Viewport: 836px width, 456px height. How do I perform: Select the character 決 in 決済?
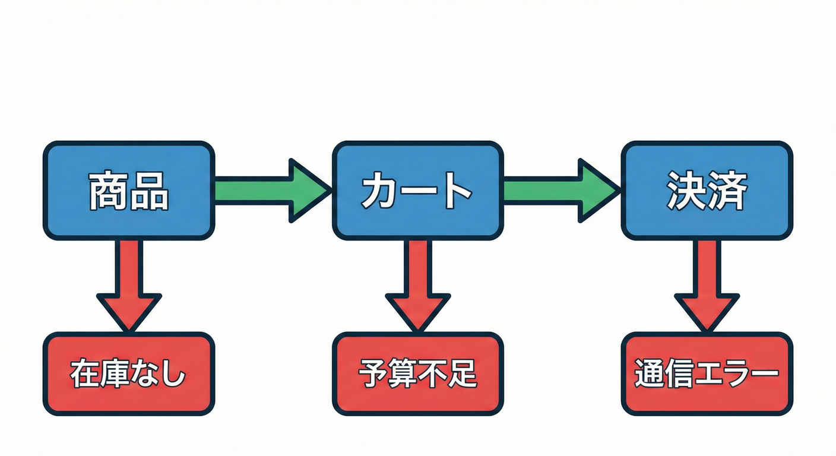[686, 191]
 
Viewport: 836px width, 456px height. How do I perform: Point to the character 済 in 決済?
[727, 191]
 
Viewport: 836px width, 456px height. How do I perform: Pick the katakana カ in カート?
[380, 191]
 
